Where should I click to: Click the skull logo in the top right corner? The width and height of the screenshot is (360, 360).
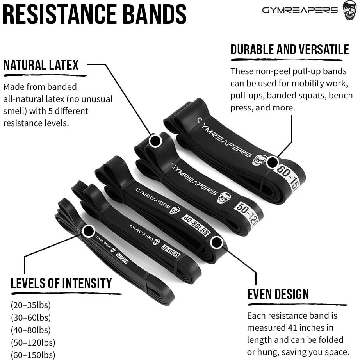tap(349, 11)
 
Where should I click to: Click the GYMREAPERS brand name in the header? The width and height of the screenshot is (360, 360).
tap(300, 11)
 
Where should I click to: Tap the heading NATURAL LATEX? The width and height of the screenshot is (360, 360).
tap(41, 65)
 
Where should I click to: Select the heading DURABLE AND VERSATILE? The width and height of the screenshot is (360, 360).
tap(290, 50)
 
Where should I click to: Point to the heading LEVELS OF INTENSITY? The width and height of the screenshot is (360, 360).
tap(61, 283)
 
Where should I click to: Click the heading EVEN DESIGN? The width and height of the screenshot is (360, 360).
tap(278, 294)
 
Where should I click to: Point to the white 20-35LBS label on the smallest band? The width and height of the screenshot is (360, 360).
tap(122, 258)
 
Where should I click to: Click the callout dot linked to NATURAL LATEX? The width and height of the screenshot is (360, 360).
tap(155, 141)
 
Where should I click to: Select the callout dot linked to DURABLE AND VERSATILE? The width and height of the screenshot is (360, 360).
tap(273, 162)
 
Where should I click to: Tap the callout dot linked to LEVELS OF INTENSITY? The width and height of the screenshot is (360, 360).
tap(89, 231)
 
